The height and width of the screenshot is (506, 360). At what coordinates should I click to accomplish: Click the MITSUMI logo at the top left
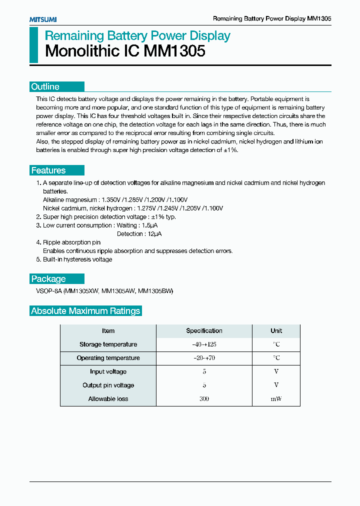pos(42,19)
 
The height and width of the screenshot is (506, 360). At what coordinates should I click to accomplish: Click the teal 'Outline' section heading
pos(45,86)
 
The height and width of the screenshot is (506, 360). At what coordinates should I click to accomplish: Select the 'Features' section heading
pos(48,170)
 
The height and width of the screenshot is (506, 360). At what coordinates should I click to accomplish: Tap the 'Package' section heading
pos(48,279)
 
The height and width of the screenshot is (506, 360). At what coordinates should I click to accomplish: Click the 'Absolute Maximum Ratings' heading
pos(85,311)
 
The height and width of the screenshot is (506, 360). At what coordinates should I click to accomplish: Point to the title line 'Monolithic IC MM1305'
pos(125,51)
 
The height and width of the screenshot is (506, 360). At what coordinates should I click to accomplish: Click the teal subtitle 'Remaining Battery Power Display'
pos(137,35)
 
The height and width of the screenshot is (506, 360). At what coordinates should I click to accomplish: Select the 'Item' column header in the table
pos(108,331)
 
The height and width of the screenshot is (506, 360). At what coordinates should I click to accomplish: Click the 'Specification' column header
pos(204,331)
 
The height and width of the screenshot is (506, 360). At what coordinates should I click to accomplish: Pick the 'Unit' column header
pos(276,331)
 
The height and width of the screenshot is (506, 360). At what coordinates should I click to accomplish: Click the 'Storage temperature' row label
pos(108,344)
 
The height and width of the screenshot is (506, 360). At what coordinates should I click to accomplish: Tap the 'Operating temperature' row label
pos(108,358)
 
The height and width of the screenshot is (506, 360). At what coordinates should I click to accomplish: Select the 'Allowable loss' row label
pos(108,399)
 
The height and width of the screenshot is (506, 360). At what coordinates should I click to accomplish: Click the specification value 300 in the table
pos(204,399)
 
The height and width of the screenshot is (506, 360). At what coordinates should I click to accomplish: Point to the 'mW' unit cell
pos(276,399)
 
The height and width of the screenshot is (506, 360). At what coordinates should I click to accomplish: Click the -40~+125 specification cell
pos(204,344)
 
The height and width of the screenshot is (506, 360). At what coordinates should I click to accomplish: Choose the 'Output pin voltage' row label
pos(108,385)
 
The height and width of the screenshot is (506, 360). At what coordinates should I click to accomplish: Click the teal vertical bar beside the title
pos(33,45)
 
